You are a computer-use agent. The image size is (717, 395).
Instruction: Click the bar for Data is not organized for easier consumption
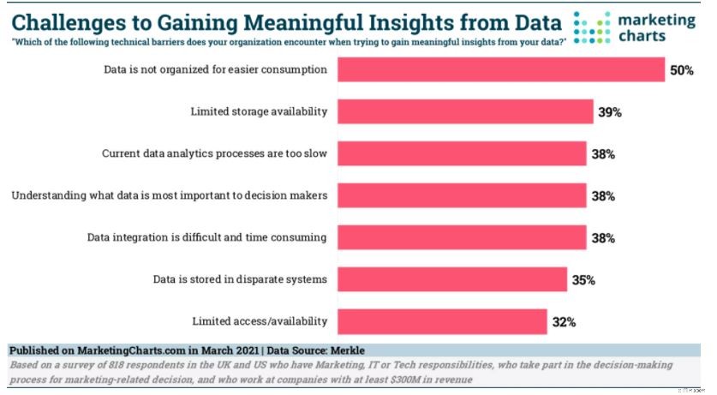pyautogui.click(x=501, y=69)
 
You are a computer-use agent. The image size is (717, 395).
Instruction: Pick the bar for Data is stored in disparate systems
pyautogui.click(x=452, y=279)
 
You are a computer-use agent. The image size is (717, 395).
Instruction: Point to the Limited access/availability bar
pyautogui.click(x=443, y=321)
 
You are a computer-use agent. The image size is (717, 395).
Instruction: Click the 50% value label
pyautogui.click(x=681, y=70)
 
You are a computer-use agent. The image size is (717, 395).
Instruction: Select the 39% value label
pyautogui.click(x=610, y=112)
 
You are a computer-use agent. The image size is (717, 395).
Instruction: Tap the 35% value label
pyautogui.click(x=583, y=280)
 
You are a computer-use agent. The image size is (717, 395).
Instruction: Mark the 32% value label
pyautogui.click(x=564, y=322)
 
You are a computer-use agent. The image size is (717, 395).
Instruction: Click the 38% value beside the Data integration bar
pyautogui.click(x=602, y=238)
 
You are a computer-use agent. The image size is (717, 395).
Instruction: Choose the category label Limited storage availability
pyautogui.click(x=259, y=111)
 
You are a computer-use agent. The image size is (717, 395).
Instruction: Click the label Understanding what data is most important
pyautogui.click(x=169, y=195)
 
